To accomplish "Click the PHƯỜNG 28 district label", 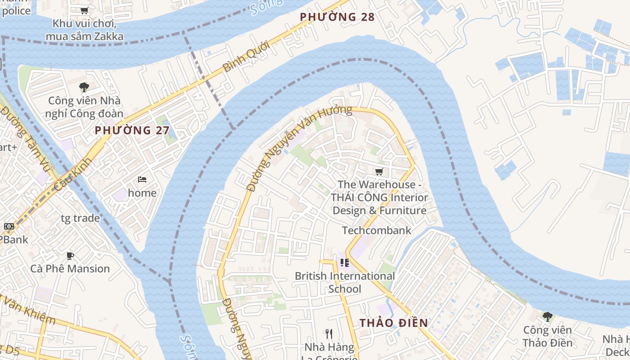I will [337, 17].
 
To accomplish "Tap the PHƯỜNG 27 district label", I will [132, 130].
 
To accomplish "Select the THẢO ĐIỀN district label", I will [394, 323].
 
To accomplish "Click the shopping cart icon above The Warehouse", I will [379, 171].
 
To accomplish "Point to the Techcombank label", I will [376, 230].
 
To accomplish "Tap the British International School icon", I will [345, 262].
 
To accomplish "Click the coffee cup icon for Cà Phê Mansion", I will [70, 256].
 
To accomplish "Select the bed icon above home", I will [142, 180].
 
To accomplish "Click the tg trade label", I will [80, 218].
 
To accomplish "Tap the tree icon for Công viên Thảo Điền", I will [547, 316].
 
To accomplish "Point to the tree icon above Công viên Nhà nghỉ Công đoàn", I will [84, 87].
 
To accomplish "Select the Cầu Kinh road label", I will [72, 175].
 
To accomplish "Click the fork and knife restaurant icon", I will [328, 333].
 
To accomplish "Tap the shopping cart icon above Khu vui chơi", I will [84, 10].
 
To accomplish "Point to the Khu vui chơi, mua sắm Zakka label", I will [84, 30].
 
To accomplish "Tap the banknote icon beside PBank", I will [9, 226].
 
